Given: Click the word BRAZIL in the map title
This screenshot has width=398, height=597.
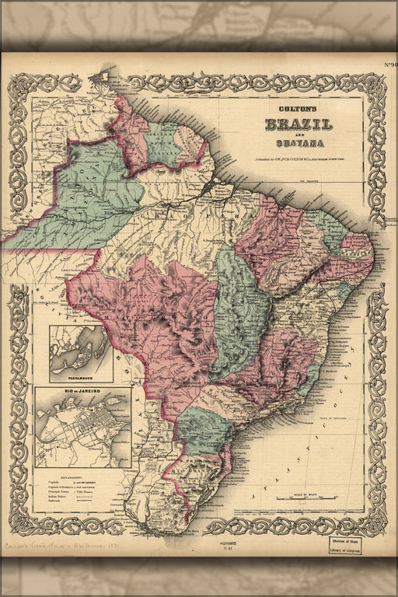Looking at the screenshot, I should tap(299, 124).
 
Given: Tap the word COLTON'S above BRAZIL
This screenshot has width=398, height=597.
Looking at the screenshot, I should tap(299, 110).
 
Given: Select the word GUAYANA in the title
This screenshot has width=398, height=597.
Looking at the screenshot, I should tap(299, 143).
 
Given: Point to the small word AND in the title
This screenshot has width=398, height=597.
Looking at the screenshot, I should tap(299, 134).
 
